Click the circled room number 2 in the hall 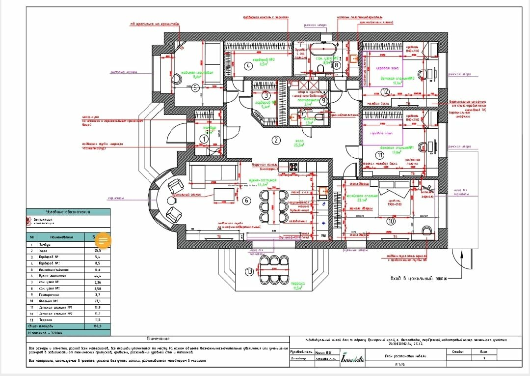[276, 140]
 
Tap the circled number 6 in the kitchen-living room [247, 200]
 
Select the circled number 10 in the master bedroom [391, 221]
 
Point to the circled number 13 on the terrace [249, 271]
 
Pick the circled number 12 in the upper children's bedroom [385, 91]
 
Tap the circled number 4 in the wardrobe [249, 65]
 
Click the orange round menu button [103, 240]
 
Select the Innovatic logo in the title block [353, 358]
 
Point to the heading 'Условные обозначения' [68, 212]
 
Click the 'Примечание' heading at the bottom [158, 339]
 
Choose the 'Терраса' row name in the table [46, 319]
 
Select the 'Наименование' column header [61, 237]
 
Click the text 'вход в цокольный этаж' [418, 278]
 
